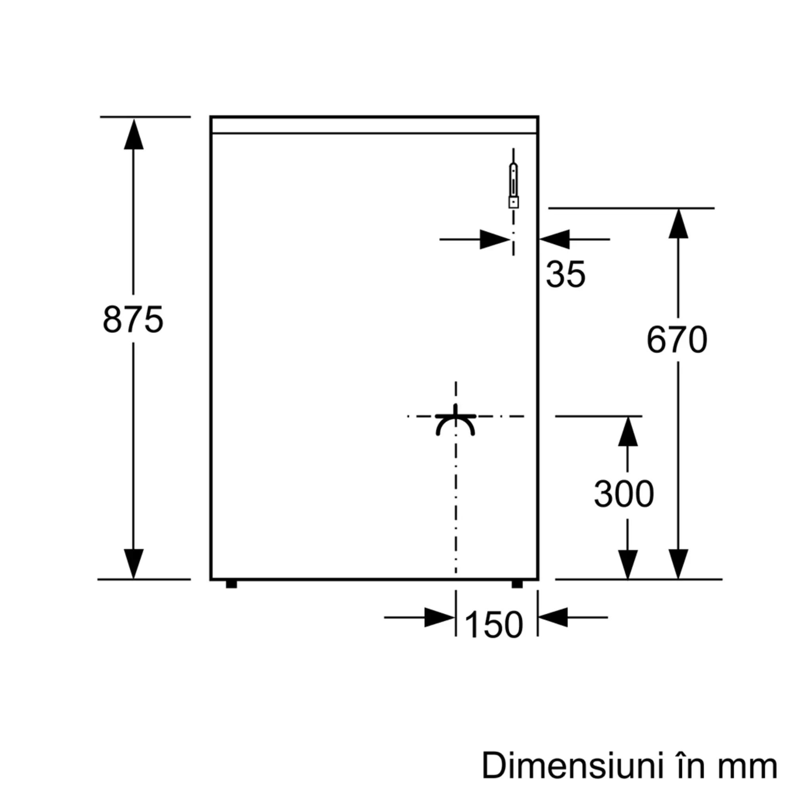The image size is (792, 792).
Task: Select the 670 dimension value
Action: tap(677, 339)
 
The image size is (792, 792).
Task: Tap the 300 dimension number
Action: tap(624, 494)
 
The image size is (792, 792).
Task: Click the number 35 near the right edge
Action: tap(565, 274)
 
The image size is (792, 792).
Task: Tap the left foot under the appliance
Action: tap(231, 584)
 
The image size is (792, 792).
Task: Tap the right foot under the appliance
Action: tap(517, 584)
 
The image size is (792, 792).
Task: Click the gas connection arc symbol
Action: tap(455, 425)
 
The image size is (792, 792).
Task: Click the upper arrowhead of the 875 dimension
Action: tap(133, 135)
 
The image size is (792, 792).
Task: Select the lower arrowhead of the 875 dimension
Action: tap(133, 564)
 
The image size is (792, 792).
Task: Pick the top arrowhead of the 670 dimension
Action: tap(678, 224)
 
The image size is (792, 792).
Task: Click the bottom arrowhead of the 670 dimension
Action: tap(678, 564)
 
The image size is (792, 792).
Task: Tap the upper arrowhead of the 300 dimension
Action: tap(628, 432)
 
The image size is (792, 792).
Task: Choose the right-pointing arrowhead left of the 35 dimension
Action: tap(494, 240)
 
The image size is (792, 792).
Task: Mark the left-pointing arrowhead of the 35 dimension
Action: tap(555, 240)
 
